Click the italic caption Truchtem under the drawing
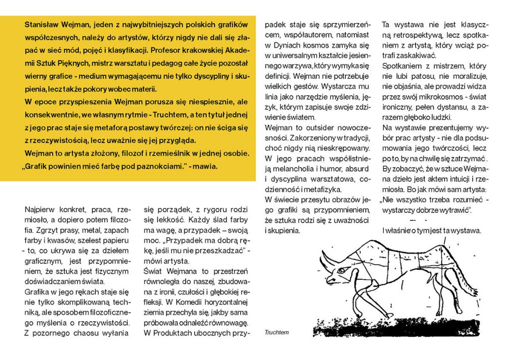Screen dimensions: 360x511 pos(277,332)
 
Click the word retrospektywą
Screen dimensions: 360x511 pos(421,35)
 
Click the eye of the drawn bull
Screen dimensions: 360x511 pos(346,270)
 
